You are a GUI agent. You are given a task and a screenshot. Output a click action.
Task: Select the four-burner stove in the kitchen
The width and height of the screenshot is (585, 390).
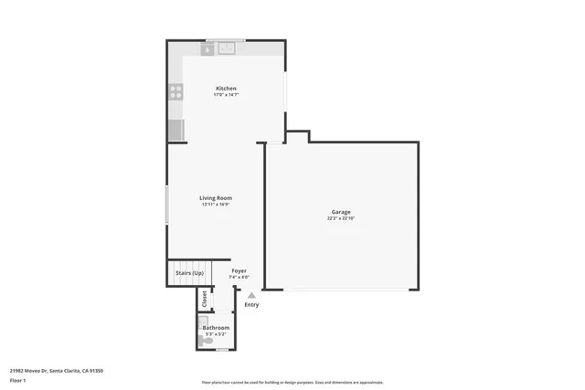tap(175, 91)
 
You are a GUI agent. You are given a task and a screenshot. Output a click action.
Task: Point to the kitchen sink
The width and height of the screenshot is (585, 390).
tap(226, 48)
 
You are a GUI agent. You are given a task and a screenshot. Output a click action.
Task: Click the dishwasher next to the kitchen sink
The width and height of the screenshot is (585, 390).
tap(207, 49)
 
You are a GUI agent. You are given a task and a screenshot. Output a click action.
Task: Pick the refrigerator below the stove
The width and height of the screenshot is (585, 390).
tap(175, 130)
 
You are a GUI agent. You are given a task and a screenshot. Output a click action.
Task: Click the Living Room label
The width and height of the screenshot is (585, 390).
tap(216, 197)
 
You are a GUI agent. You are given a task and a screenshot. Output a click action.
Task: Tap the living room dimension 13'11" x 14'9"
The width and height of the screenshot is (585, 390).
tap(216, 205)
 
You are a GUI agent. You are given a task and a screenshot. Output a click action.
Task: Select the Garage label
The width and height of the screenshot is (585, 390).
tap(341, 212)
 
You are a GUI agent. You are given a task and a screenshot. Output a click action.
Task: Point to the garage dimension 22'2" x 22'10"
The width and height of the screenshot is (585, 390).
tap(341, 219)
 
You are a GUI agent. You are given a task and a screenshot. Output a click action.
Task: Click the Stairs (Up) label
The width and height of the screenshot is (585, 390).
tap(189, 272)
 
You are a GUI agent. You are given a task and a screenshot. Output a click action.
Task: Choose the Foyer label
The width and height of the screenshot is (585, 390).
tap(239, 270)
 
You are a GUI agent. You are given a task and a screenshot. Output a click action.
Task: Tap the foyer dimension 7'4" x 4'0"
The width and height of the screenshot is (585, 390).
tap(239, 278)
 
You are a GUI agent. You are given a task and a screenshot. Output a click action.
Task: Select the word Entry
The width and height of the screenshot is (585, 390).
tap(251, 304)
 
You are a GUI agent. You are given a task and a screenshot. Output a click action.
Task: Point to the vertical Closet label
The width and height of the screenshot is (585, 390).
tap(204, 299)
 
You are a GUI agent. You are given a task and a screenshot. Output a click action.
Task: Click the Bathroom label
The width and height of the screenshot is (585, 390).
tap(216, 327)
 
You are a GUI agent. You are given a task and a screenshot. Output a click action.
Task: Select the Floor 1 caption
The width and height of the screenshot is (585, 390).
tap(19, 380)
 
